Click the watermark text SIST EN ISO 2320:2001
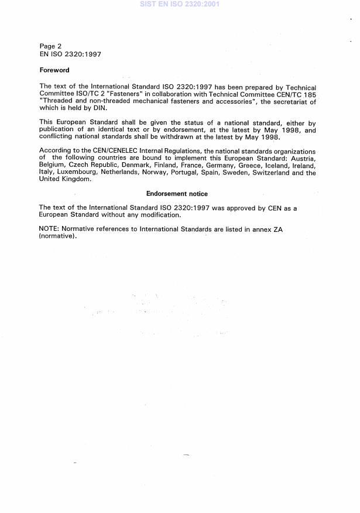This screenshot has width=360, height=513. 180,4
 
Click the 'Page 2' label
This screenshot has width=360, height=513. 50,46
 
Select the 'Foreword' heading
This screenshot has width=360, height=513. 54,70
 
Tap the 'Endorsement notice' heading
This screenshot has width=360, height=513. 177,194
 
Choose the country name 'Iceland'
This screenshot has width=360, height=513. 273,166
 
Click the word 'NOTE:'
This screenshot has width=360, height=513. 49,228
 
